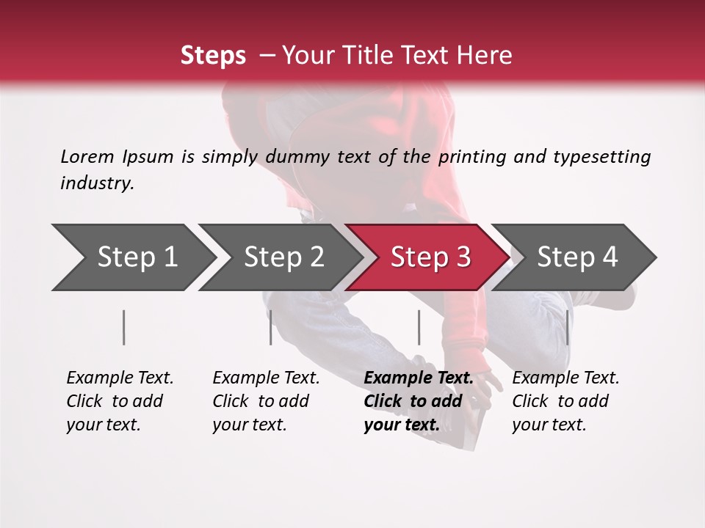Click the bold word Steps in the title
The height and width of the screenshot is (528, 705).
click(213, 56)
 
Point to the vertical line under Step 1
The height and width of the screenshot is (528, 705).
click(124, 327)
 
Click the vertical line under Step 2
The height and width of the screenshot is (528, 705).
click(271, 327)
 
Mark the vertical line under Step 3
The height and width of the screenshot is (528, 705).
click(419, 327)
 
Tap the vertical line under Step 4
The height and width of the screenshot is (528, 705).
click(568, 327)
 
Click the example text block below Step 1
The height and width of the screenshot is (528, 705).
click(120, 401)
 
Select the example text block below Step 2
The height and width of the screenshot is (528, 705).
click(266, 401)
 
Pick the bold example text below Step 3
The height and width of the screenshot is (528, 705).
click(418, 401)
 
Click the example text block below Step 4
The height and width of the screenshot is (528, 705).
click(565, 401)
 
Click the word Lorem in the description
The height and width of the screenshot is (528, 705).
click(87, 157)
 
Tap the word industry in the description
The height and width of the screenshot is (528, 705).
click(97, 183)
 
